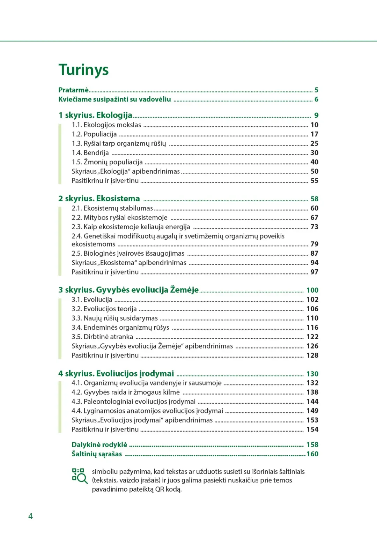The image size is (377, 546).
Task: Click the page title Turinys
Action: [83, 70]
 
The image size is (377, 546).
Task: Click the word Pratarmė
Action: [73, 90]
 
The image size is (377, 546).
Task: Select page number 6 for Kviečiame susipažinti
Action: [316, 99]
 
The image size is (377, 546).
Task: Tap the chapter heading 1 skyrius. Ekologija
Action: [95, 115]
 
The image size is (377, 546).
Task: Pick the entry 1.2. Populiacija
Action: [94, 134]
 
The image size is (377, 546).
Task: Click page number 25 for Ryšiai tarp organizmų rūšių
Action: [314, 143]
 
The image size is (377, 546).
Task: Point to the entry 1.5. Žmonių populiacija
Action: [107, 162]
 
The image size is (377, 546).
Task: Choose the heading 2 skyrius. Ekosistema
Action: [99, 199]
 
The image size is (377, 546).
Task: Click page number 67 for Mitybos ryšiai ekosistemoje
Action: [314, 218]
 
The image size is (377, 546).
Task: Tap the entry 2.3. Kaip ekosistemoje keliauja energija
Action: [131, 227]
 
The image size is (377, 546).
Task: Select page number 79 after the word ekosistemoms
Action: [314, 244]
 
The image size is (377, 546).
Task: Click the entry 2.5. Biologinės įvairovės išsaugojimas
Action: [128, 254]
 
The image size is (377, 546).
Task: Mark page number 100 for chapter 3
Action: [312, 290]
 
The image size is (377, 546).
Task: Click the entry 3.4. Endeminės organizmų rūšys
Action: [120, 328]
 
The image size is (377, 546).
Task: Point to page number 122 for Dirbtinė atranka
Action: [312, 337]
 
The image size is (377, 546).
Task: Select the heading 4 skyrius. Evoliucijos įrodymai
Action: [116, 374]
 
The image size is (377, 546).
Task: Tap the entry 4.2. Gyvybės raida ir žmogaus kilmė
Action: [126, 392]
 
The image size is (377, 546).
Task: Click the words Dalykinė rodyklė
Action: [99, 445]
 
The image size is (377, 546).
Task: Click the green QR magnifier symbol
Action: [80, 476]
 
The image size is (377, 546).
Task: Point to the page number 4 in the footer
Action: [30, 516]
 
